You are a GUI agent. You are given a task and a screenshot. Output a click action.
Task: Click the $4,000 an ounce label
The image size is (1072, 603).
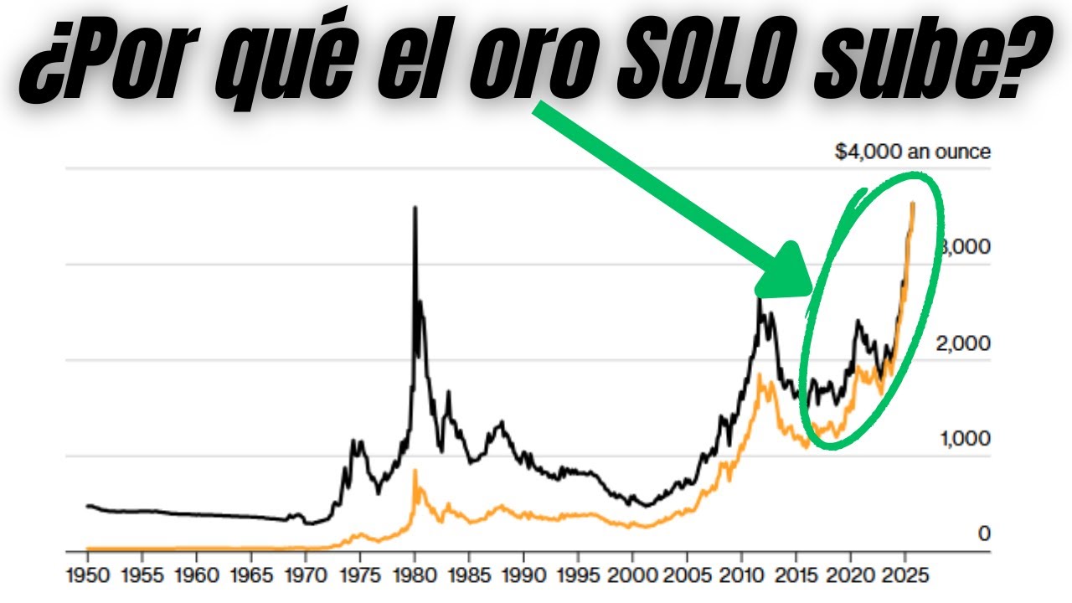coord(913,152)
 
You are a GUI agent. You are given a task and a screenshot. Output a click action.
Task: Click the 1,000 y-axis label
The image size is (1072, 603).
coord(963,439)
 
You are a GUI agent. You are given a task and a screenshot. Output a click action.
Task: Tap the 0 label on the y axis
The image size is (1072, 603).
coord(985,533)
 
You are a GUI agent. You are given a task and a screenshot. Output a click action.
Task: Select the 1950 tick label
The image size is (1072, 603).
coord(87,577)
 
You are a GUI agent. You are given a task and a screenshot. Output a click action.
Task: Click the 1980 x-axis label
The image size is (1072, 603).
coord(415,577)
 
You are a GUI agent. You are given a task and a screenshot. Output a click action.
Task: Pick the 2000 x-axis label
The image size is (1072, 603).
coord(632,577)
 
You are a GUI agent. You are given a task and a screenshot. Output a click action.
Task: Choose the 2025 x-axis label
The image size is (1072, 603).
coord(904,577)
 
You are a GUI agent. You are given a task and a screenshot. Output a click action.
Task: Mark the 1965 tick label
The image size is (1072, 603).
coord(251,577)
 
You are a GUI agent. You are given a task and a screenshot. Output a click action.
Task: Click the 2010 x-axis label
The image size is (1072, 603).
coord(741,577)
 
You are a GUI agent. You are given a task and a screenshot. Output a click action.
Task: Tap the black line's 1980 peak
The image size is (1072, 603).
coord(415,209)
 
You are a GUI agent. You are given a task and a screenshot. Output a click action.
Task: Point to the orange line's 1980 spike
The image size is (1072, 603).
coord(415,472)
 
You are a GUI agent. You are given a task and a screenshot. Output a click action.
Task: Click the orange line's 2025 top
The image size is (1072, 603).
coord(913,204)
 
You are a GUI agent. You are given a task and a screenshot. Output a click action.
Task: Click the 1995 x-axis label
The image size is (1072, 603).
coord(578,577)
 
